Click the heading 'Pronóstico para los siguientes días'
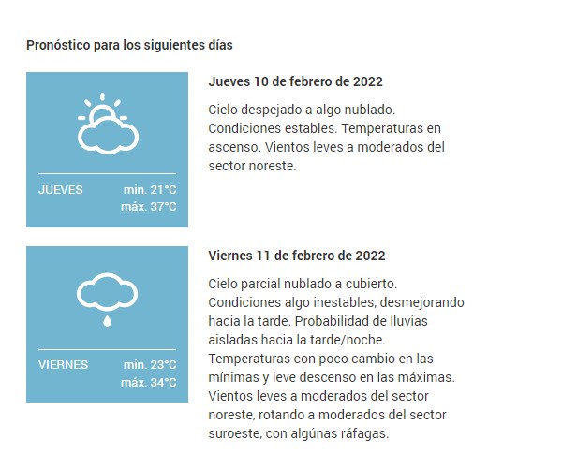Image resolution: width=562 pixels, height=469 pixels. pos(129,44)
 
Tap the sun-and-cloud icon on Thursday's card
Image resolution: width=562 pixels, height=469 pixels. pos(106,125)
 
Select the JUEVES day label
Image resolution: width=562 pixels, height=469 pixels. pos(61,189)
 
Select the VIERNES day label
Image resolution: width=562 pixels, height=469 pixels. pos(64,364)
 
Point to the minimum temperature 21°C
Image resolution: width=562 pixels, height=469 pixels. pos(150,189)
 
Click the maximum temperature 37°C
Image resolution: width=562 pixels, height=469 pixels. pos(148,207)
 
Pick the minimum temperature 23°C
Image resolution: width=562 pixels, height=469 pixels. pos(150,364)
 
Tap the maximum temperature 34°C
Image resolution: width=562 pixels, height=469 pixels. pos(148,382)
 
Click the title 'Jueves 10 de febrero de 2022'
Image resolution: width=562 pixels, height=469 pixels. pos(295,81)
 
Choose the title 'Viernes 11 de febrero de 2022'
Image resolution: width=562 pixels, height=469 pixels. pos(296,256)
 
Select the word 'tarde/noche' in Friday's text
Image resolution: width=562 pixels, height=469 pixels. pos(351,341)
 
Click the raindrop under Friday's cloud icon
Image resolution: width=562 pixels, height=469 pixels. pos(106,320)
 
